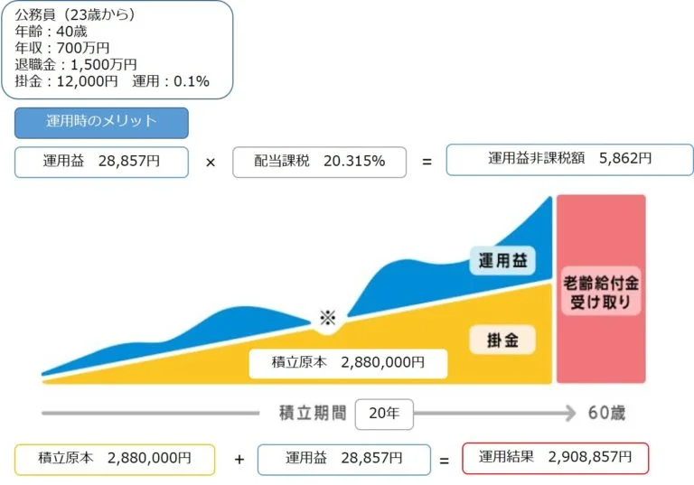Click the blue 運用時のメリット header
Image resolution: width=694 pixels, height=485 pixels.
[101, 122]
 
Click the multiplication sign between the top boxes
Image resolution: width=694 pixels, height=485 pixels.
[211, 163]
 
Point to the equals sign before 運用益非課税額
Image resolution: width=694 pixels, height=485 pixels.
[427, 163]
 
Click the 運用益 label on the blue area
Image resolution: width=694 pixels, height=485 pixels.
[502, 262]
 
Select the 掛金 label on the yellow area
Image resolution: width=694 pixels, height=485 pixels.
[502, 340]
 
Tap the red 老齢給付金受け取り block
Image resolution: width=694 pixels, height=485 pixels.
[601, 290]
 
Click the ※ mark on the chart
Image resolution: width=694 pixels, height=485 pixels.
[327, 318]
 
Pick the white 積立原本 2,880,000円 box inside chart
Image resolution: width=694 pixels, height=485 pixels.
[348, 362]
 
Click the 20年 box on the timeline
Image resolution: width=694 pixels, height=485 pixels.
[384, 414]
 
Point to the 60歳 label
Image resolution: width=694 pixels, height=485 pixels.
[605, 414]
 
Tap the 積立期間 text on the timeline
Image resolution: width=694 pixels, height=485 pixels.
[313, 414]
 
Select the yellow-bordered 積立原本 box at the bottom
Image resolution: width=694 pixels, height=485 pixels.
[115, 459]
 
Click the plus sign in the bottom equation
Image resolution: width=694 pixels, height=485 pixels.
[239, 460]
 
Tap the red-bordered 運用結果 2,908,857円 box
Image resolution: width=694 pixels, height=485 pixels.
[555, 458]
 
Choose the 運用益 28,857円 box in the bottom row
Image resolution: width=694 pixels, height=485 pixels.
[343, 459]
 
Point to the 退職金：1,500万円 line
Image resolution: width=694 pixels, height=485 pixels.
[76, 64]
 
